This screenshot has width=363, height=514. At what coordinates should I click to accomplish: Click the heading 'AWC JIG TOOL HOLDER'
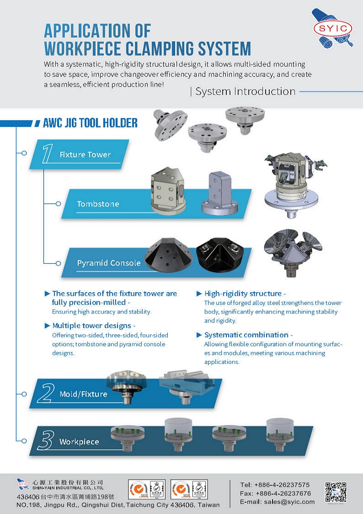tap(90, 123)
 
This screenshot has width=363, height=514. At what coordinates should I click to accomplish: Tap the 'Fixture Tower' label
tap(85, 154)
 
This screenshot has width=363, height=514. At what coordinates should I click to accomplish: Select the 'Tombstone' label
tap(98, 204)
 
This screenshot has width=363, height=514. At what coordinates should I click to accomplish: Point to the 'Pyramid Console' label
tap(109, 263)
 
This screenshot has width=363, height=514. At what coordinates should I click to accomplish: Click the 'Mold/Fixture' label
tap(83, 394)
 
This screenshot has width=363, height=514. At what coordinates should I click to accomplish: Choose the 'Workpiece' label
tap(79, 442)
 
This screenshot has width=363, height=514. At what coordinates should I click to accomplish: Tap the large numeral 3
tap(46, 441)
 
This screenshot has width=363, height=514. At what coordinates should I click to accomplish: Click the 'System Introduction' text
tap(245, 91)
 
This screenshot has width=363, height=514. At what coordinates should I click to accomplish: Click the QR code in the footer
tap(335, 493)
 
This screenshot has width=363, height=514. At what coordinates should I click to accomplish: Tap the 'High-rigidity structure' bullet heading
tap(242, 294)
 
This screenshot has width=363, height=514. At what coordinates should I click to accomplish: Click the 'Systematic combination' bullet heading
tap(246, 335)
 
